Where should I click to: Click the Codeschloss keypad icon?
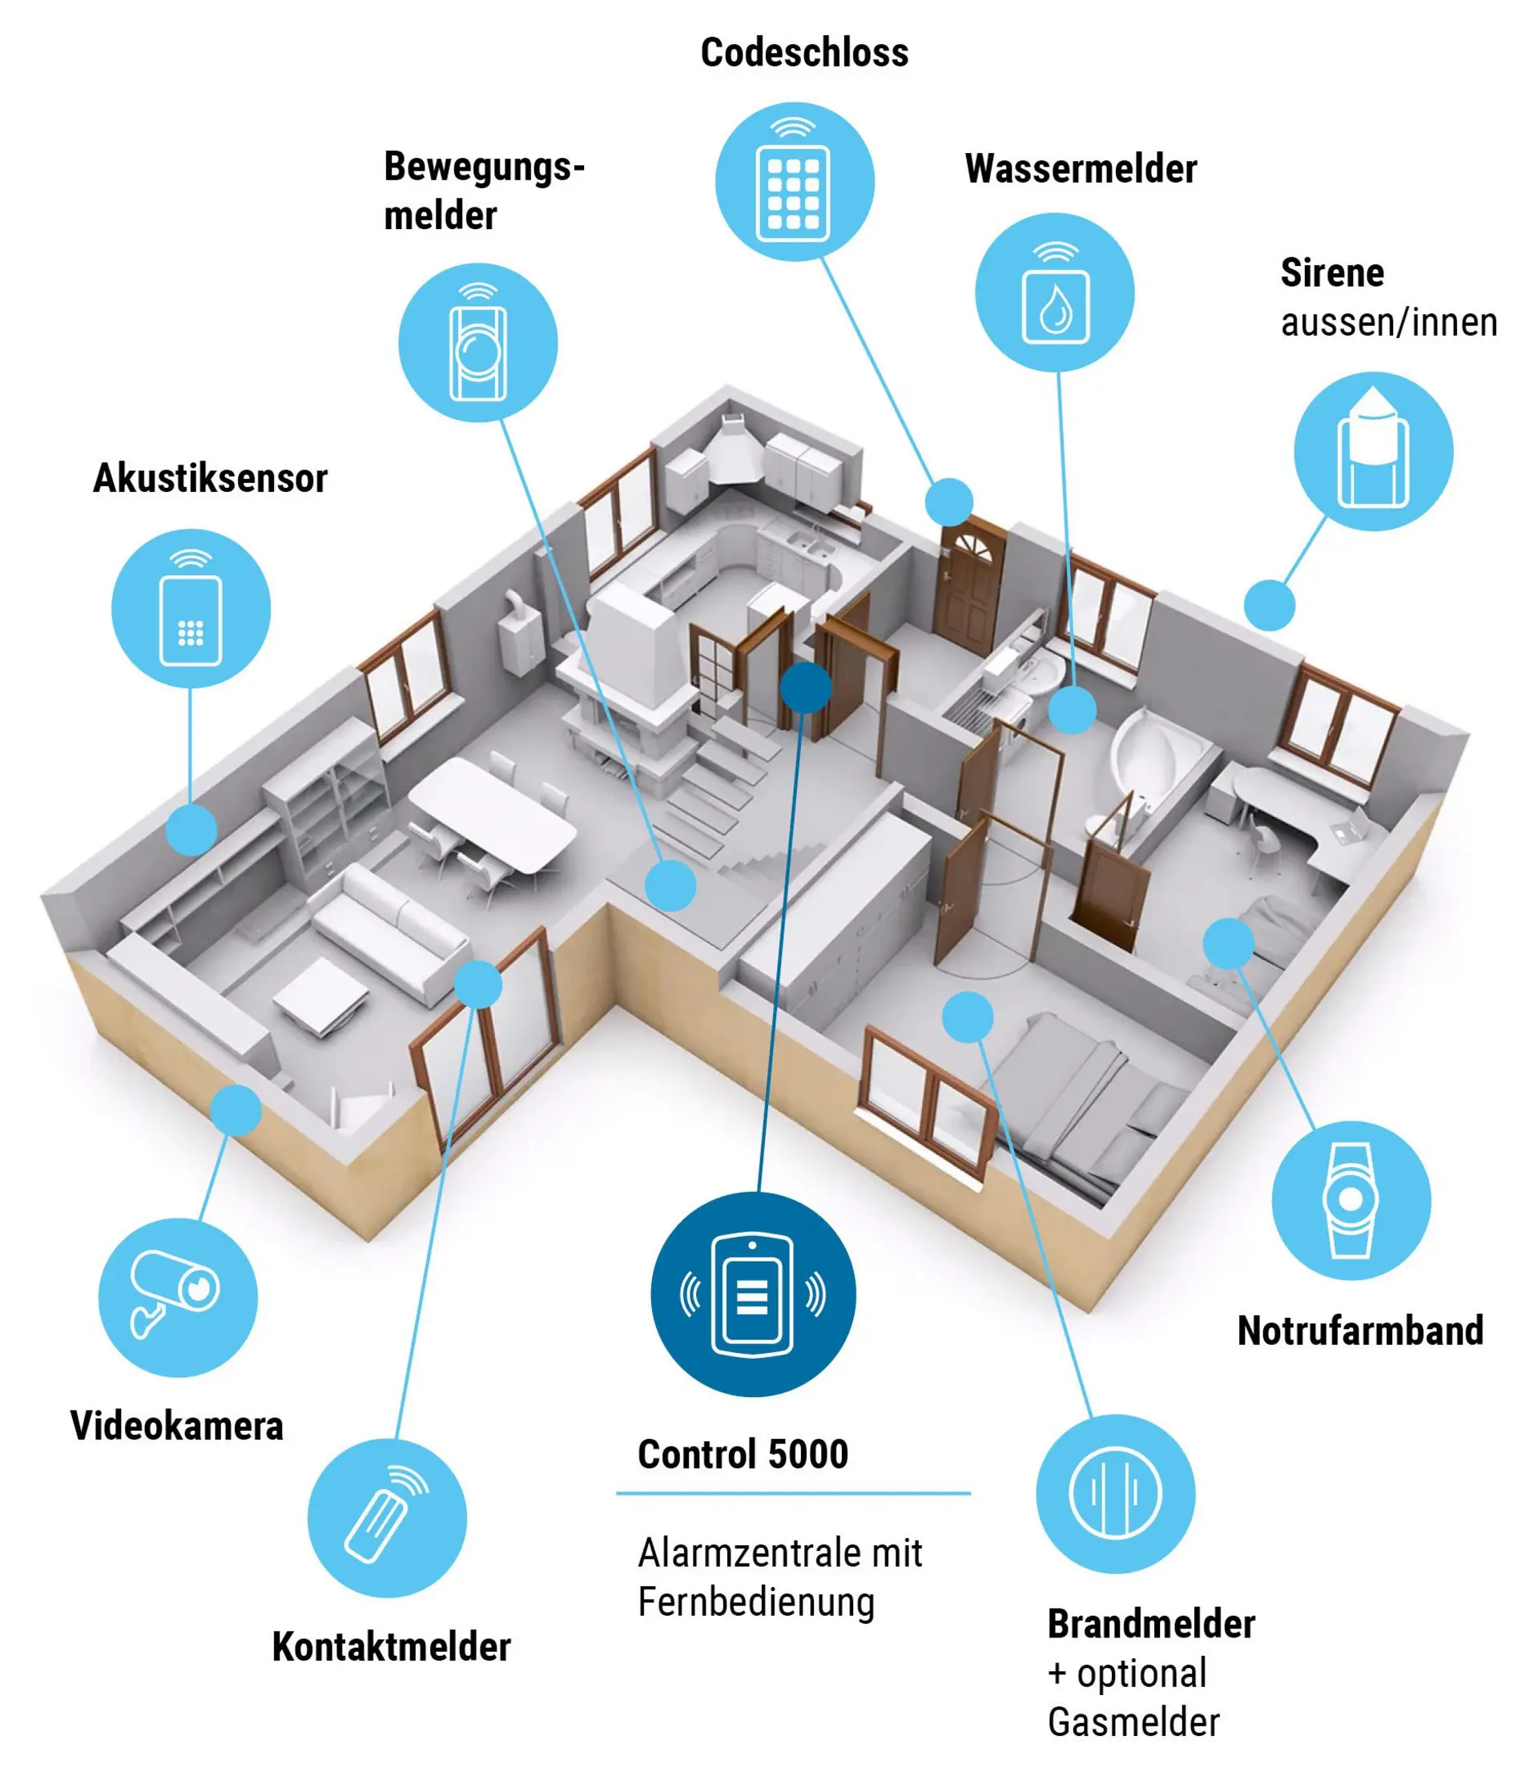point(795,182)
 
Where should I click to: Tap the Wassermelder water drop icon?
point(1055,292)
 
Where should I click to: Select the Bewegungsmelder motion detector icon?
point(478,342)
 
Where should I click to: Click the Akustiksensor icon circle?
point(191,608)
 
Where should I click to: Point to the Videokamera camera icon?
point(178,1298)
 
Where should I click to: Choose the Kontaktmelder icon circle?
point(387,1518)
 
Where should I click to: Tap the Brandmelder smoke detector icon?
point(1115,1494)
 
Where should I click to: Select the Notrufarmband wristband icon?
point(1351,1201)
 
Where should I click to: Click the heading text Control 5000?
point(743,1455)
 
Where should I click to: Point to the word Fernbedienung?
point(756,1603)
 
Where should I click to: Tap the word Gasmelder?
point(1133,1722)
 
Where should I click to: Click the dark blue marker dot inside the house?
point(806,687)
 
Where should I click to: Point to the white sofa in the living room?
point(391,931)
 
